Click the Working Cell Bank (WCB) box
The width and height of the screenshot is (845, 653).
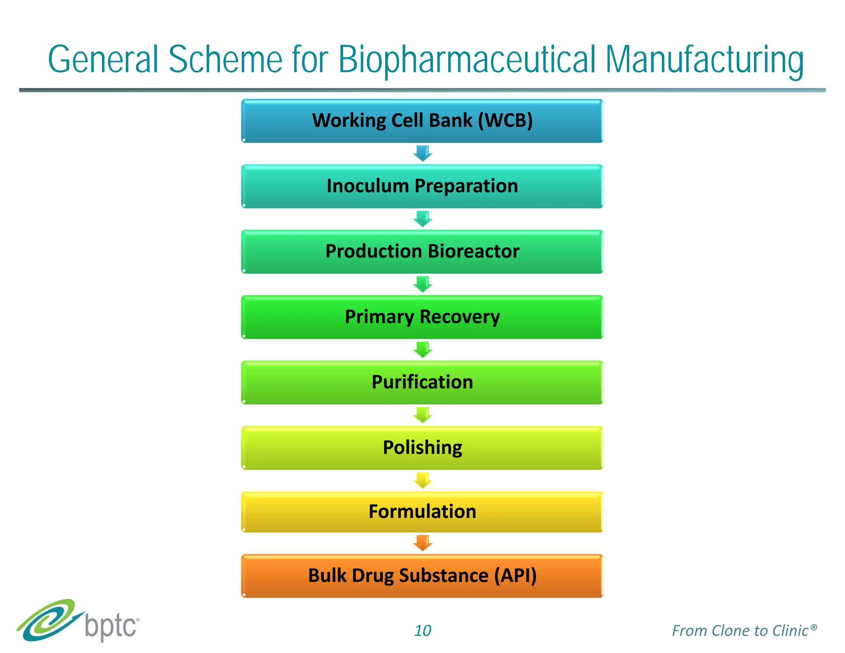[422, 121]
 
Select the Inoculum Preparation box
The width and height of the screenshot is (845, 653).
[422, 186]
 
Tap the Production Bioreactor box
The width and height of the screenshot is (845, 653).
[422, 251]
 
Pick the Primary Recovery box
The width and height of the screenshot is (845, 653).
[422, 317]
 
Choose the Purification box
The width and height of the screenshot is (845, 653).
[422, 382]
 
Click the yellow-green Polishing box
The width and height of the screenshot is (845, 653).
[422, 447]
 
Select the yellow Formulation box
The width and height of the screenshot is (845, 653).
[422, 512]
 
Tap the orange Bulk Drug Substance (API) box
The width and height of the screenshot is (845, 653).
[422, 576]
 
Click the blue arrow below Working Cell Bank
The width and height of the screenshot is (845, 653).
[422, 153]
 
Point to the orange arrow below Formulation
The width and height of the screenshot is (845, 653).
[422, 543]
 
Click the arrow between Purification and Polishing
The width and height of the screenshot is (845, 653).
[422, 415]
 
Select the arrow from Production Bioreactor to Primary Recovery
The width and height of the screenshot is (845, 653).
[422, 284]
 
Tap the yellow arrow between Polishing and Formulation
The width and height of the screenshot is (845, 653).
[422, 480]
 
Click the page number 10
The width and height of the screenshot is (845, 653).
[422, 631]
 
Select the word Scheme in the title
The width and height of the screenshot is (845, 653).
[225, 60]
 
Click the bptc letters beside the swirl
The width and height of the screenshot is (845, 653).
[111, 627]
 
